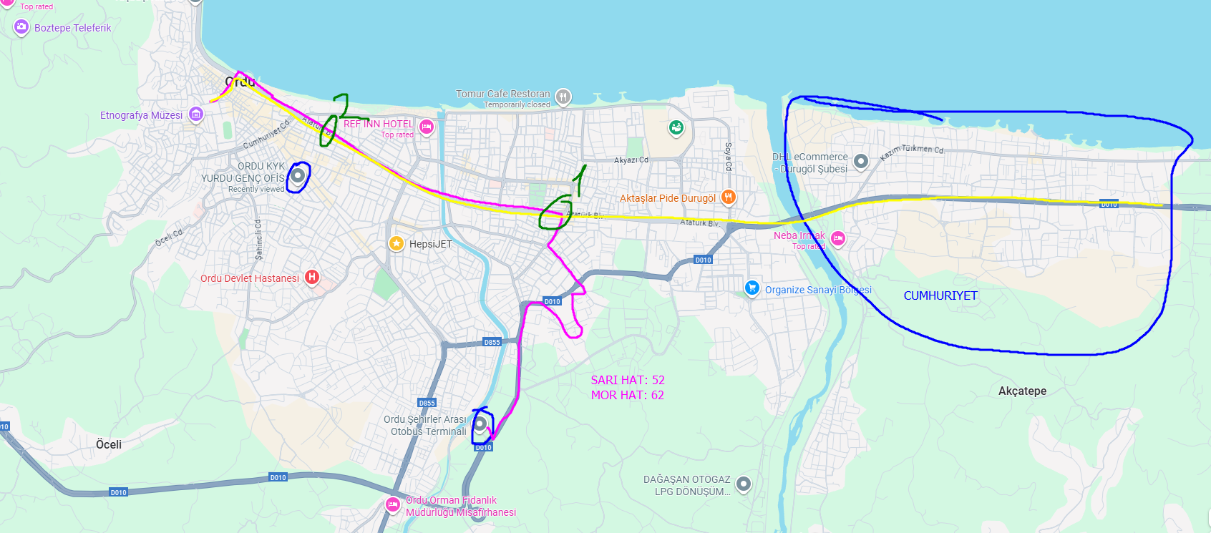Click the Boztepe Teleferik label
click(x=72, y=28)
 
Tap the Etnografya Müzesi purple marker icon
click(x=195, y=114)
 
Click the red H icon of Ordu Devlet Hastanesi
click(x=312, y=277)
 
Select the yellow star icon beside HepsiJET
click(x=397, y=243)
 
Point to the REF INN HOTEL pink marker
click(x=427, y=127)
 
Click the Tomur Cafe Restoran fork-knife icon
click(x=563, y=96)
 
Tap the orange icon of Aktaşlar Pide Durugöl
click(x=728, y=197)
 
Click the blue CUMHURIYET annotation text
click(x=940, y=295)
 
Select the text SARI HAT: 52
click(x=627, y=380)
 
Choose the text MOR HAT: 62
click(x=627, y=395)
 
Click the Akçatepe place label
click(x=1022, y=391)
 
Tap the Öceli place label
click(x=109, y=444)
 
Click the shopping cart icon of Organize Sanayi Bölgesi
click(x=752, y=288)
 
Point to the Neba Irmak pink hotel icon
click(x=838, y=238)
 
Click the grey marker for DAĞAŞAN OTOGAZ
click(x=744, y=484)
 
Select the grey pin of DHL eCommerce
click(x=861, y=161)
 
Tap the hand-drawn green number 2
click(x=346, y=107)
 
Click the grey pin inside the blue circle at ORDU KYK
click(x=298, y=175)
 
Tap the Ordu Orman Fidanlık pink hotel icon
click(x=393, y=504)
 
